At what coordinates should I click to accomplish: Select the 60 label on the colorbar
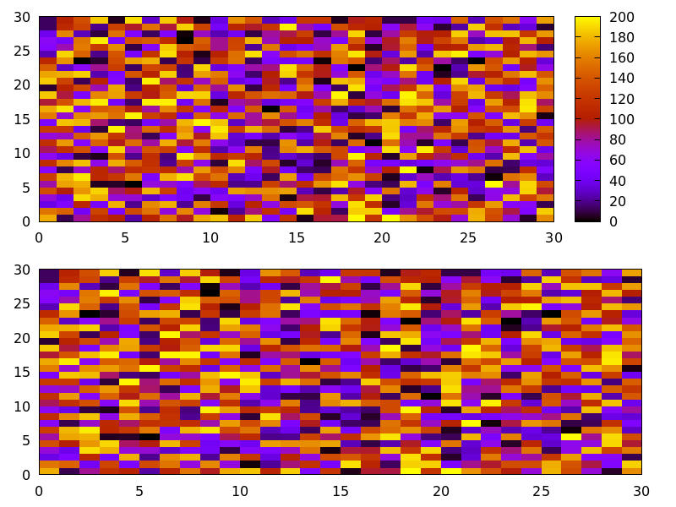click(616, 160)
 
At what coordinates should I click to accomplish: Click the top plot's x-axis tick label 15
click(297, 237)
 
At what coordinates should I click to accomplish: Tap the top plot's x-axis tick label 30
click(553, 237)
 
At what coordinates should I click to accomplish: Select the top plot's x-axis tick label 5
click(125, 237)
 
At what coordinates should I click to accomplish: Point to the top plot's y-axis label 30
click(23, 17)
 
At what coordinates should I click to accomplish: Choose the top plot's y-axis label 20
click(23, 85)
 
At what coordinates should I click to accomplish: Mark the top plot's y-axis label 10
click(23, 153)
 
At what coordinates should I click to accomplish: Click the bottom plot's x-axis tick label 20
click(441, 491)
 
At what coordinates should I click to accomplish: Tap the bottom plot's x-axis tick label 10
click(240, 491)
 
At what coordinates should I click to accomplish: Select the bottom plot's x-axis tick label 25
click(542, 491)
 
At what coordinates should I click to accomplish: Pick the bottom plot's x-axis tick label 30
click(641, 491)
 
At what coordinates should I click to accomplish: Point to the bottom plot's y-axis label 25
click(23, 304)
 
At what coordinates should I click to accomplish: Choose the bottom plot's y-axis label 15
click(23, 373)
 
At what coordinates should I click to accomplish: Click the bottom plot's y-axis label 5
click(27, 440)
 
